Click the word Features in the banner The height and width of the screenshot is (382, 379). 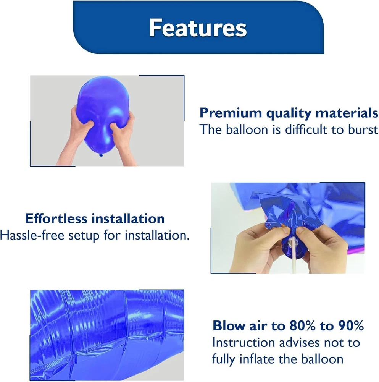198,28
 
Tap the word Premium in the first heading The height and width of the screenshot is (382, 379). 231,113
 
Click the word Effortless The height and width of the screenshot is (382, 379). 56,218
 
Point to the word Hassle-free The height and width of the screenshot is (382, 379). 32,235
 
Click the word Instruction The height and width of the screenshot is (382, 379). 244,343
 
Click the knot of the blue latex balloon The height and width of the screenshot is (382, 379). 101,155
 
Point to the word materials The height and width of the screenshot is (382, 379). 347,113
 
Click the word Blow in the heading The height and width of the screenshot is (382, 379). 229,325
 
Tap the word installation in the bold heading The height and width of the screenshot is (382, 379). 128,218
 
